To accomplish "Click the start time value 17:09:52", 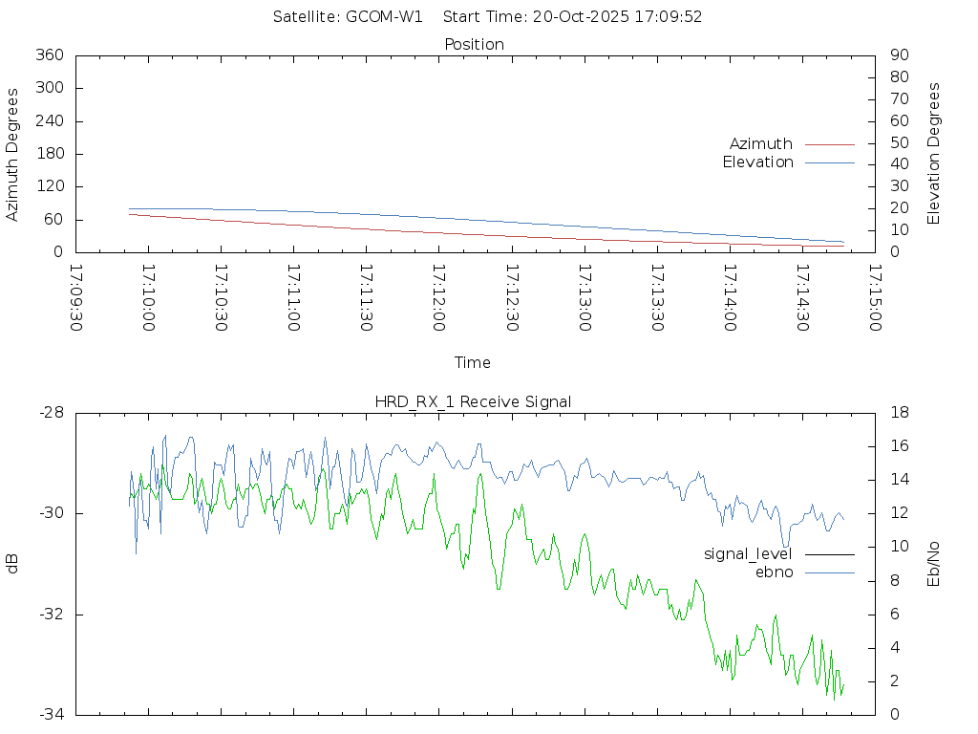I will click(x=672, y=17).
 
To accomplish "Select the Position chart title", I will click(x=475, y=45).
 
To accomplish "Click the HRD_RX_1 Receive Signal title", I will click(x=473, y=402).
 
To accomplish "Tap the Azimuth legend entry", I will click(x=761, y=144).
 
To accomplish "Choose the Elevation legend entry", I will click(x=758, y=162).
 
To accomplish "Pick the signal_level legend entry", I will click(x=748, y=554).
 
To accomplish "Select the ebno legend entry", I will click(x=775, y=572).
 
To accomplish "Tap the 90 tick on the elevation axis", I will click(x=898, y=55).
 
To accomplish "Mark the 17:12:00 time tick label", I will click(x=438, y=297).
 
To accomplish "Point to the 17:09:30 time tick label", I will click(x=76, y=297).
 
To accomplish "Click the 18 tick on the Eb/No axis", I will click(x=899, y=413).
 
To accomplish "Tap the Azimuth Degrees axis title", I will click(x=13, y=154).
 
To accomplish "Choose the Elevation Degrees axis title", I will click(x=935, y=154).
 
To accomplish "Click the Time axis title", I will click(x=473, y=363).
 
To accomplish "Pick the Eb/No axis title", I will click(x=935, y=564).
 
